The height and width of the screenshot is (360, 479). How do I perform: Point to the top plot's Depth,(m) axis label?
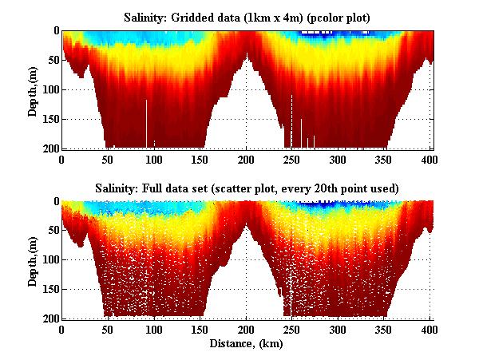(x=33, y=89)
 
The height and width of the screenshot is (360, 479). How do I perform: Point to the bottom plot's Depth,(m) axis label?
(x=33, y=259)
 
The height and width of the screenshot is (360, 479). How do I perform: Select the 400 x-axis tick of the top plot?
(x=431, y=158)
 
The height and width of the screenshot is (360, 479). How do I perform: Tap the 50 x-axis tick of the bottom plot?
(x=108, y=329)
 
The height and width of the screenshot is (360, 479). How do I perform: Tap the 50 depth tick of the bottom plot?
(x=51, y=231)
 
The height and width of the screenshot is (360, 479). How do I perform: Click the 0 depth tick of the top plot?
(x=54, y=31)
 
